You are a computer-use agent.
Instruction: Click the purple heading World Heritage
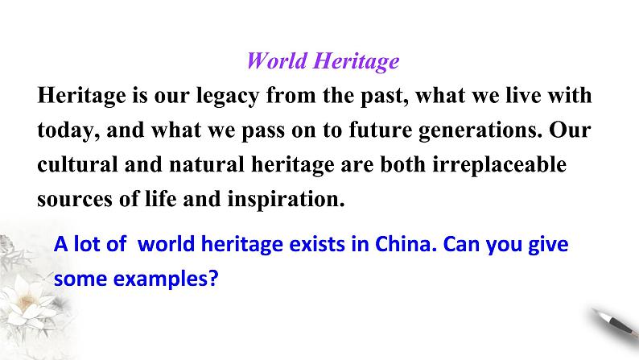[x=323, y=61]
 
